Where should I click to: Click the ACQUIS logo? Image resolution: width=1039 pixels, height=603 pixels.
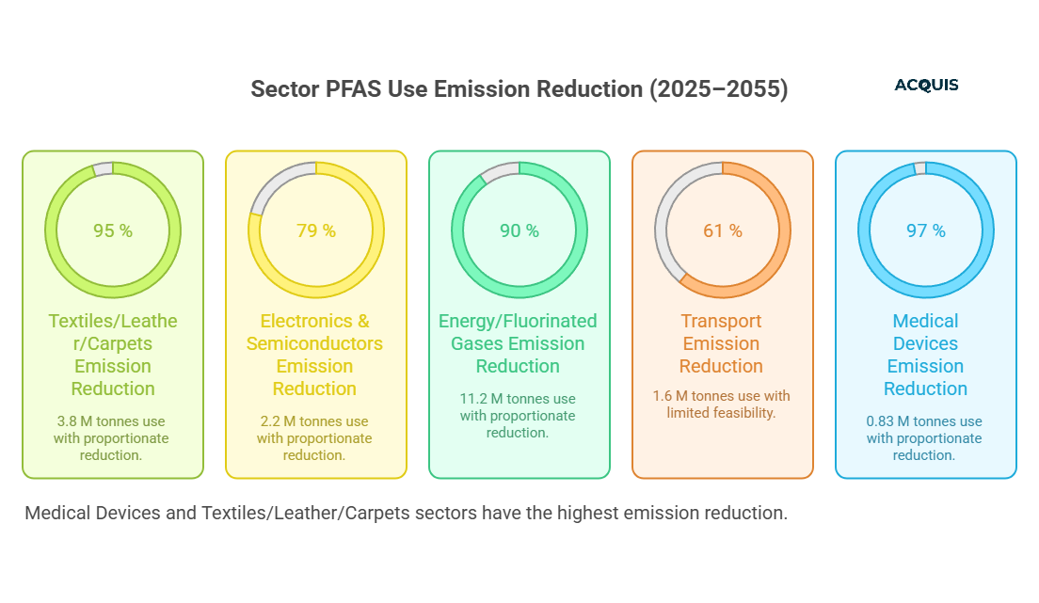(926, 86)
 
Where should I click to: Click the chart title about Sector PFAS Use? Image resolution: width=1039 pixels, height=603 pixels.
(519, 89)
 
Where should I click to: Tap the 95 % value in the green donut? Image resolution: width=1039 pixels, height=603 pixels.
(113, 230)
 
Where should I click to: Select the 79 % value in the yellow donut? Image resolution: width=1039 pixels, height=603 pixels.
(316, 230)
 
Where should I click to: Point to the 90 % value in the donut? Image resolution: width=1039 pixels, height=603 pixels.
(519, 230)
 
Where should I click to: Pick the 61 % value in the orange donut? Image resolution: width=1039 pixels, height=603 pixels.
(723, 230)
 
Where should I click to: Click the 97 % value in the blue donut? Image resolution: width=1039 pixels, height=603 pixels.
(926, 230)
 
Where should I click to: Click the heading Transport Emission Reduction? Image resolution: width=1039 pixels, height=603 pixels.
(722, 343)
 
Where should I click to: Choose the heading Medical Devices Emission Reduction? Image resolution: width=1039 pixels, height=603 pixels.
(926, 355)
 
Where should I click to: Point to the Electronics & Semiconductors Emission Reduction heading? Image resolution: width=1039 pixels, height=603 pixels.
(315, 355)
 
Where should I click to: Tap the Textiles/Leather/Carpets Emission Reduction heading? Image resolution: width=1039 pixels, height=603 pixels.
(113, 355)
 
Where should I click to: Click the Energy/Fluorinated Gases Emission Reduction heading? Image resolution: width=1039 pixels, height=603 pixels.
(519, 343)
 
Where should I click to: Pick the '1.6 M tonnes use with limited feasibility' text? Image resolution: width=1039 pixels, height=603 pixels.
(722, 405)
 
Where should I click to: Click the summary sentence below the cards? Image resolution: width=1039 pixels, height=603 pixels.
(406, 514)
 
